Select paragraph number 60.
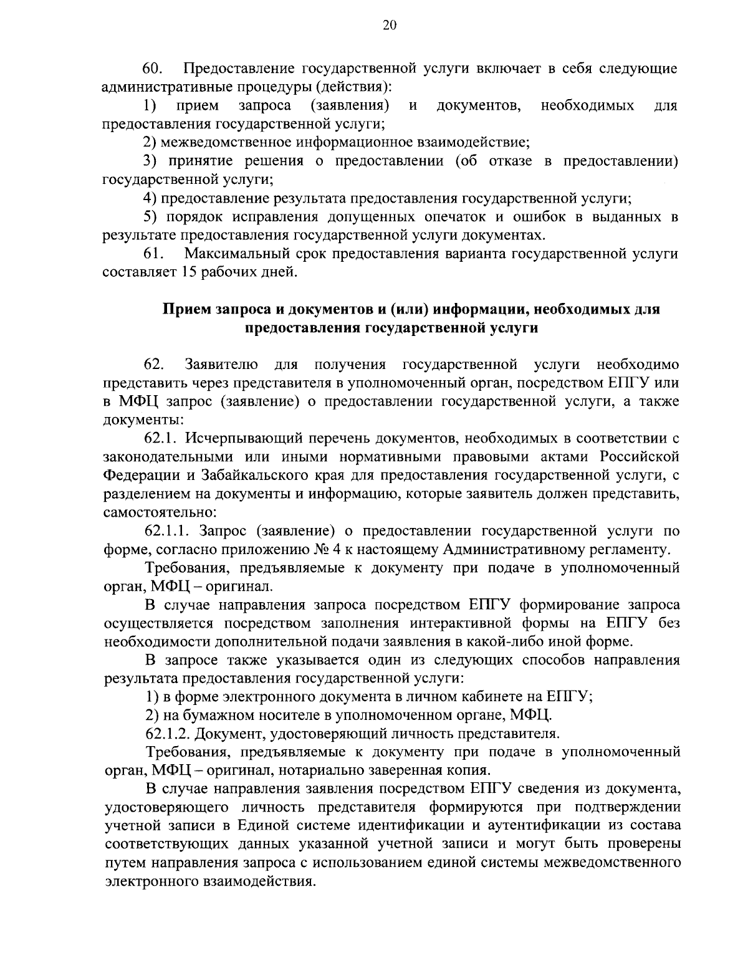(153, 68)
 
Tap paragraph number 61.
(153, 254)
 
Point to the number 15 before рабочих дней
(189, 272)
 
